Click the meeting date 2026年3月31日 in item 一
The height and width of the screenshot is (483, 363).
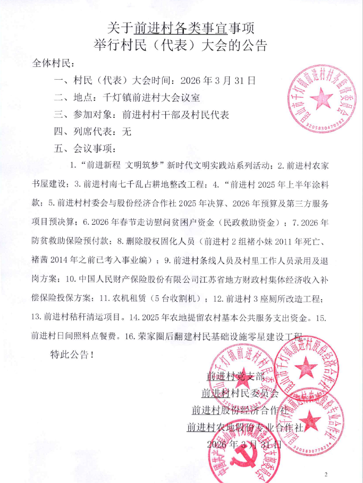(218, 81)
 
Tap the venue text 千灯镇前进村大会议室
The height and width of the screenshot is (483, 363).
(147, 97)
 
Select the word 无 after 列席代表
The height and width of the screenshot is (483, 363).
(126, 131)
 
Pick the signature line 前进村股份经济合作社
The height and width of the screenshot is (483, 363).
(240, 410)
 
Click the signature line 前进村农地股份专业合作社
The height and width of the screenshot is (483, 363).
(245, 427)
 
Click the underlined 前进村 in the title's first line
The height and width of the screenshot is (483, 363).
(154, 26)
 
